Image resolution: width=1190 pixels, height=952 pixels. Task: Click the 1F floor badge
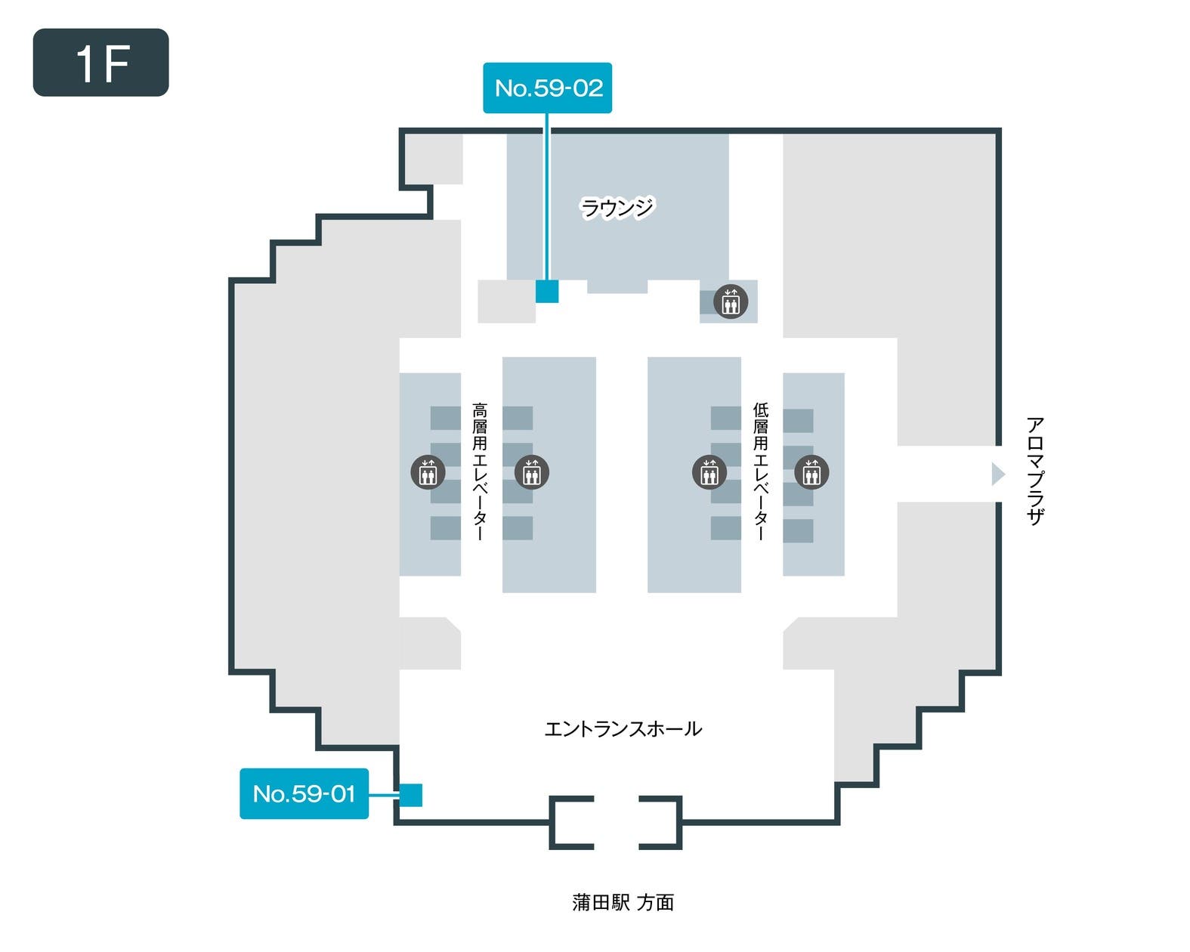(x=100, y=63)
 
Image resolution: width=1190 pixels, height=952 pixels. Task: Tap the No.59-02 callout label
(x=547, y=88)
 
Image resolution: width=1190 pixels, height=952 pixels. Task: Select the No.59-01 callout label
(x=304, y=793)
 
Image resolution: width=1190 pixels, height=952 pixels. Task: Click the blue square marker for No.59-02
(x=547, y=291)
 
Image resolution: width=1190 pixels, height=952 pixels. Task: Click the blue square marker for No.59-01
(x=410, y=795)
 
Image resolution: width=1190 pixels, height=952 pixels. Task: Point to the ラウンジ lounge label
(x=617, y=207)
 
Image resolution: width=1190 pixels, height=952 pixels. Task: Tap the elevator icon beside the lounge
(x=730, y=301)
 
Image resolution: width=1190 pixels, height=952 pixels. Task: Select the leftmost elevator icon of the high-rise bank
(x=428, y=472)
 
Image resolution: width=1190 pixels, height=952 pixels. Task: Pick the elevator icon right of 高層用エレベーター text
(x=531, y=472)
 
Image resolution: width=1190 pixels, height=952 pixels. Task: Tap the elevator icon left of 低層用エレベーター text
(x=709, y=472)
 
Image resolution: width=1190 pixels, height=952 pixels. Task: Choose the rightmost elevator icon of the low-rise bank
(x=811, y=472)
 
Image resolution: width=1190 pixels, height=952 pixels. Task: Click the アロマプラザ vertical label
(x=1034, y=471)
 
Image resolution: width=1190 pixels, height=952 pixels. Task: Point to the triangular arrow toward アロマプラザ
(x=998, y=474)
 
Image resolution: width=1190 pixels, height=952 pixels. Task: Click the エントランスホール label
(x=623, y=729)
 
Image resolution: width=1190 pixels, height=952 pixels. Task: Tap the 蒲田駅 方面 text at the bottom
(x=623, y=902)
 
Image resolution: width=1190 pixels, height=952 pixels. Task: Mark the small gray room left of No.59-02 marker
(x=505, y=301)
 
